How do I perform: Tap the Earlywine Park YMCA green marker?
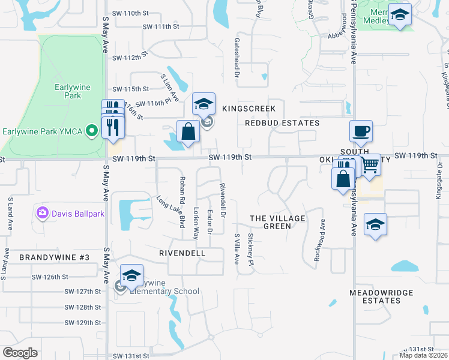(91, 130)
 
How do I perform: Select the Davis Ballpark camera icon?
(42, 212)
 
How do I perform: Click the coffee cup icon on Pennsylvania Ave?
(361, 131)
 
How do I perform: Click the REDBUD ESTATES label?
(282, 123)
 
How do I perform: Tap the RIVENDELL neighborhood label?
(182, 253)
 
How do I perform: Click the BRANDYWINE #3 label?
(54, 257)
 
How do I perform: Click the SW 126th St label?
(83, 277)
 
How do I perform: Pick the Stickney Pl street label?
(251, 251)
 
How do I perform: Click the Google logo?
(20, 353)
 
